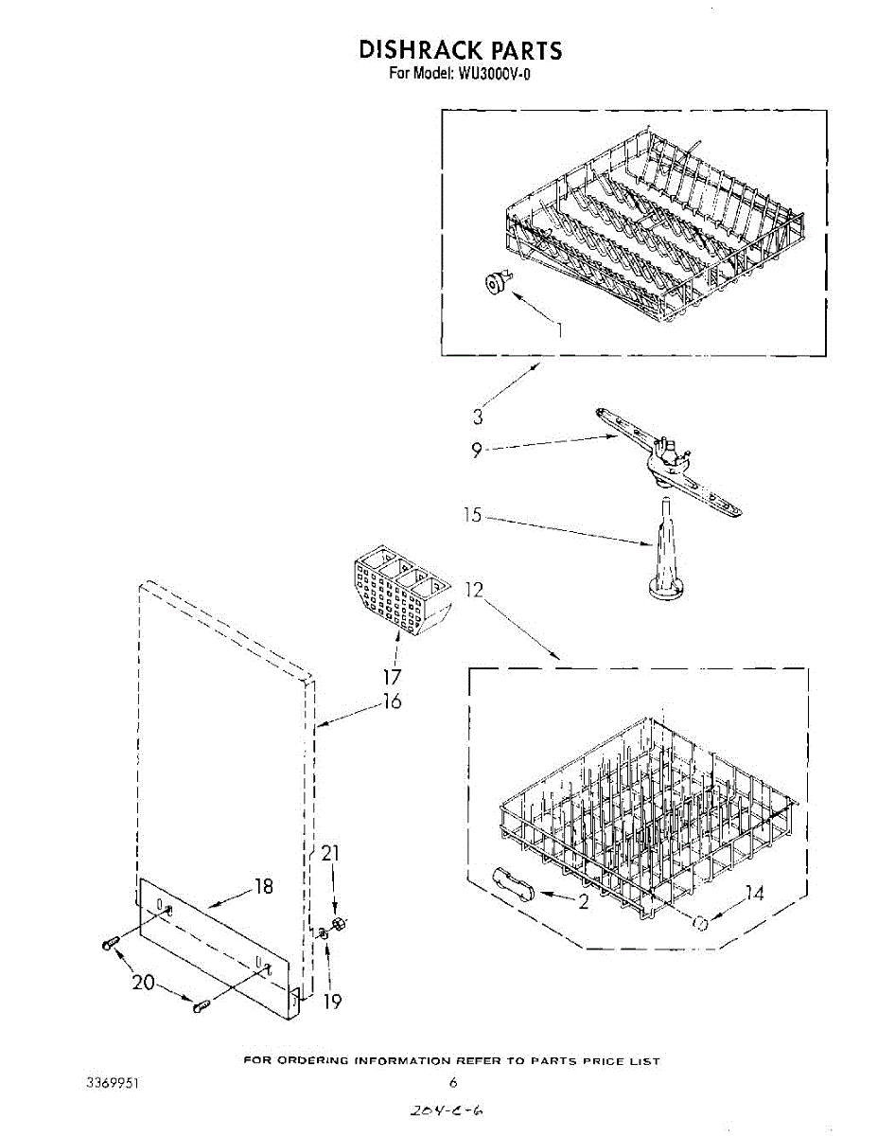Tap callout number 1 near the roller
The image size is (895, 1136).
pyautogui.click(x=559, y=330)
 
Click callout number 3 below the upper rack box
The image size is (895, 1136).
pyautogui.click(x=479, y=416)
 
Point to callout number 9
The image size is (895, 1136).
pyautogui.click(x=477, y=450)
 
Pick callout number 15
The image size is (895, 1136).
pyautogui.click(x=472, y=516)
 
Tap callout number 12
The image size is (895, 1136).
pyautogui.click(x=474, y=590)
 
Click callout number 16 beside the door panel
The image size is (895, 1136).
pyautogui.click(x=392, y=701)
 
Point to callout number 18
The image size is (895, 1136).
pyautogui.click(x=263, y=886)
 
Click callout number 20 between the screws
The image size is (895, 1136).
pyautogui.click(x=144, y=983)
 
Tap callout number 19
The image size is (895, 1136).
pyautogui.click(x=333, y=1001)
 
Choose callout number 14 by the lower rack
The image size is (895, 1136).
pyautogui.click(x=754, y=893)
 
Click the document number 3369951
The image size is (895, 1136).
pyautogui.click(x=113, y=1081)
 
